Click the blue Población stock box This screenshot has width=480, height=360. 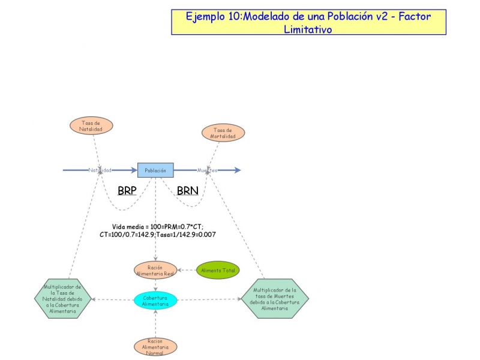[155, 170]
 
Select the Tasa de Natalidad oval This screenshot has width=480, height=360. [91, 125]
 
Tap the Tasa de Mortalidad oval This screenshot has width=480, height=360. [223, 133]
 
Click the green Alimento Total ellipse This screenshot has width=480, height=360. [218, 270]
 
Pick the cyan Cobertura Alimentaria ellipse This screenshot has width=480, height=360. [155, 301]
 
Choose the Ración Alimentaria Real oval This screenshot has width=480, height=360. [155, 271]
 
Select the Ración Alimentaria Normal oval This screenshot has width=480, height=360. [155, 347]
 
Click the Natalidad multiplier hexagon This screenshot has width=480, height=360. [63, 299]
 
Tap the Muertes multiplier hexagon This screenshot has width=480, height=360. [275, 299]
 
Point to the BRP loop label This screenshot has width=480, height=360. [127, 191]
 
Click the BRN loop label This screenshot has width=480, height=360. [187, 191]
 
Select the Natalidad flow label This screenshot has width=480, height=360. [100, 170]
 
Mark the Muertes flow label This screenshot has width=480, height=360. [207, 170]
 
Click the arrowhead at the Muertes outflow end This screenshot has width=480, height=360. [238, 170]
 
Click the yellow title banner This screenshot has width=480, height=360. [308, 22]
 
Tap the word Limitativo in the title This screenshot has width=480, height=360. [308, 29]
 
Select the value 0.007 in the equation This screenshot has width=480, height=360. [206, 235]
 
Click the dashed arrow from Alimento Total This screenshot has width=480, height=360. [188, 270]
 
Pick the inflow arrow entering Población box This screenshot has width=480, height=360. [132, 170]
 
